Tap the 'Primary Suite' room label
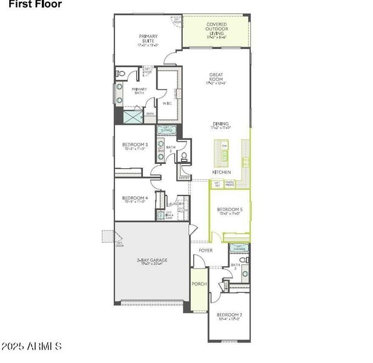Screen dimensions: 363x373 coord(148,40)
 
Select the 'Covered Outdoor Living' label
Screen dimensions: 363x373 coord(216,30)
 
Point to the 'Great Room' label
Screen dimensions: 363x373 coord(216,79)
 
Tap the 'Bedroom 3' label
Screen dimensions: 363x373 coord(135,146)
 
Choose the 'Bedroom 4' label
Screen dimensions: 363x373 coord(134,199)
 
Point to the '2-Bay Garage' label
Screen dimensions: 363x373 coord(151,261)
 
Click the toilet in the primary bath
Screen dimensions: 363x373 coord(120,74)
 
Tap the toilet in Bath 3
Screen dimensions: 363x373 coord(183,157)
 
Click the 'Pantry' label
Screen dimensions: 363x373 coord(184,178)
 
